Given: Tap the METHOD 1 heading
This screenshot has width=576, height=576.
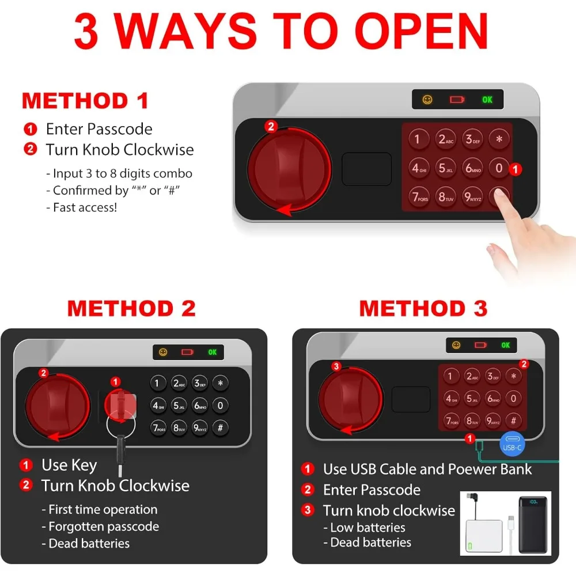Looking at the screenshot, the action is click(85, 101).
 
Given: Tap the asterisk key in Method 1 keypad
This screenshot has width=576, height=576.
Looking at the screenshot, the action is click(499, 139).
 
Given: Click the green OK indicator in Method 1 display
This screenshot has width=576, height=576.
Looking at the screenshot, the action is click(487, 100).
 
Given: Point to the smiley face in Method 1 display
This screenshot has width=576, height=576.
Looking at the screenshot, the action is click(427, 100).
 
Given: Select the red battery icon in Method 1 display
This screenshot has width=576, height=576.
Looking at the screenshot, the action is click(457, 100).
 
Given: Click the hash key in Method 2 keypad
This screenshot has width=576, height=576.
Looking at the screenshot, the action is click(220, 427).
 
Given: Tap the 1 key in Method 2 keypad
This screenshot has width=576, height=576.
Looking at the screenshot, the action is click(157, 383).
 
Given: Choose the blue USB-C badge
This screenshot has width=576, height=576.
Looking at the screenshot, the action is click(512, 444).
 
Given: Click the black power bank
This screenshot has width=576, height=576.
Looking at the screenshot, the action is click(533, 525).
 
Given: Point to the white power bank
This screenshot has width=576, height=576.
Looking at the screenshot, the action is click(484, 536).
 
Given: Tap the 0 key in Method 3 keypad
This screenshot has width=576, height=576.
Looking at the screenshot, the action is click(513, 398).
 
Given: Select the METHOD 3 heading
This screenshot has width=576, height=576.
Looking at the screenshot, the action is click(423, 308).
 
